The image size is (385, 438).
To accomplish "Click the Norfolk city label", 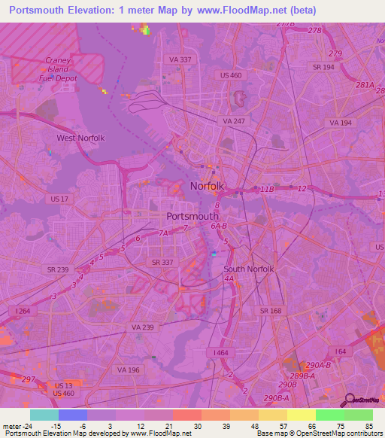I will (x=207, y=186).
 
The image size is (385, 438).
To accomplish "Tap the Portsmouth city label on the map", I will (x=192, y=216).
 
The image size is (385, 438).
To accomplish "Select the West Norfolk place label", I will (x=80, y=138).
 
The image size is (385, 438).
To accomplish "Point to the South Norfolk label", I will (x=249, y=269).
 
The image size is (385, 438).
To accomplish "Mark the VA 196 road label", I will (x=129, y=370).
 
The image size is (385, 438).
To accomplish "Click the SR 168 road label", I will (x=271, y=310).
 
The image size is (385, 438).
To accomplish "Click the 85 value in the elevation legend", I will (x=368, y=425).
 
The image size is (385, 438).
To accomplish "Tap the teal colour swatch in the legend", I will (x=44, y=415).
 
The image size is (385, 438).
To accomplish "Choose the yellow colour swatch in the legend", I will (x=301, y=415).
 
